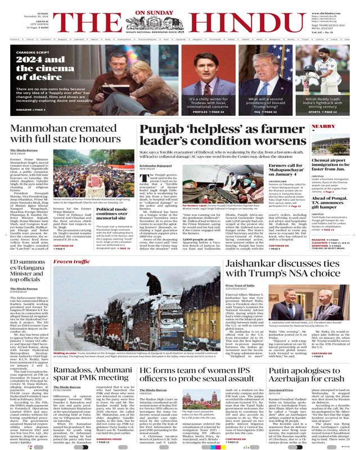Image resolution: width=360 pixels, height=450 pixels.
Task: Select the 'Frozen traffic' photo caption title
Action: [71, 246]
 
